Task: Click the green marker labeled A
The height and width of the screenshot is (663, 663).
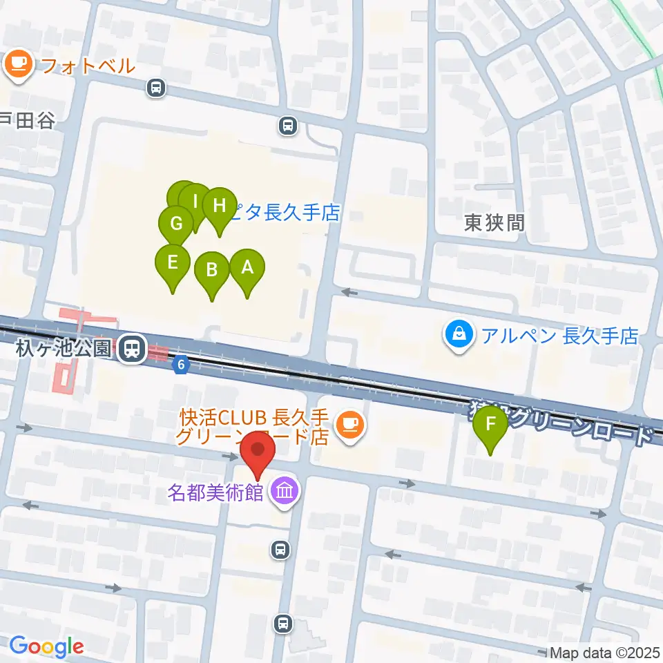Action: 247,267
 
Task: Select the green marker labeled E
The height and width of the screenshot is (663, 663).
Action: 173,262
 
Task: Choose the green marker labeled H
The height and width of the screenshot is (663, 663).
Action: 220,206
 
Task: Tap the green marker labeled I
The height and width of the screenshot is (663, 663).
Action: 195,202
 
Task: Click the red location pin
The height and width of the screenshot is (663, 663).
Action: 258,450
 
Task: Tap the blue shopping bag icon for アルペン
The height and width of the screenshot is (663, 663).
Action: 458,336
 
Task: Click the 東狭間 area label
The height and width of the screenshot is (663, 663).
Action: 494,222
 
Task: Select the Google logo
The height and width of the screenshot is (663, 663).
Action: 46,646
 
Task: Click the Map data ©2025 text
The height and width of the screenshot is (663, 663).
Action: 605,652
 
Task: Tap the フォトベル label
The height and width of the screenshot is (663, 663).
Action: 87,66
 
